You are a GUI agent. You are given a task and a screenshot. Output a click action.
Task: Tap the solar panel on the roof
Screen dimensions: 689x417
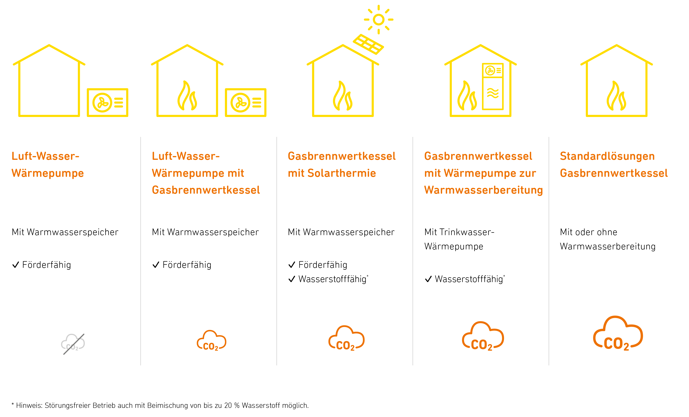point(368,44)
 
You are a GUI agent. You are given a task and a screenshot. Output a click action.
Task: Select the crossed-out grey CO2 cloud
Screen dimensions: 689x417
point(73,344)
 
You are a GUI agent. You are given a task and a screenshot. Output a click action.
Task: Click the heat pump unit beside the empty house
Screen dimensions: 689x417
point(107,103)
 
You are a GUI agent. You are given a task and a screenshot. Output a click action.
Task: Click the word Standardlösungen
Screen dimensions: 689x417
point(607,156)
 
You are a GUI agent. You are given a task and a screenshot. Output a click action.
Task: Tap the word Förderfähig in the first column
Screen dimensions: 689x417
point(46,265)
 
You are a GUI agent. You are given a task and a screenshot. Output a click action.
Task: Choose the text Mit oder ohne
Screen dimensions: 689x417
point(588,232)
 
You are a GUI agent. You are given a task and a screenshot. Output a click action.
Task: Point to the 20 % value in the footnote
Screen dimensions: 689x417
point(232,405)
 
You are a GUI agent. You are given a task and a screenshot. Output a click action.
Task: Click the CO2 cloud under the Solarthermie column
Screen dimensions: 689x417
point(346,338)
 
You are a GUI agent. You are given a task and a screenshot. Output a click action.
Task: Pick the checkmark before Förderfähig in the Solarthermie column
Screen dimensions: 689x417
point(292,265)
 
